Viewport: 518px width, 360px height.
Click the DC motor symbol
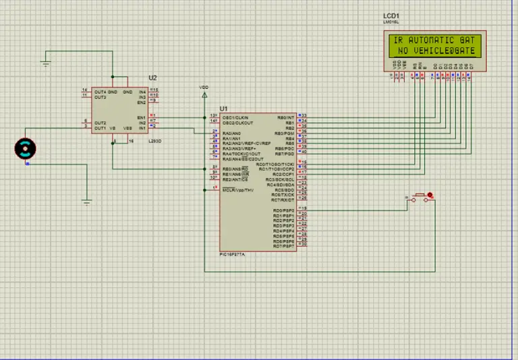tap(26, 148)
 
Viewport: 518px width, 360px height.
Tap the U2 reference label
tap(152, 79)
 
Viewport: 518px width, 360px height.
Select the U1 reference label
tap(223, 109)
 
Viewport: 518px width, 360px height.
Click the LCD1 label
tap(391, 16)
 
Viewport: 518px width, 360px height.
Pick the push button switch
tap(421, 197)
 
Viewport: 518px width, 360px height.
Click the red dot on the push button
tap(430, 196)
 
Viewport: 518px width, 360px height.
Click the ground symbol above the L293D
tap(46, 65)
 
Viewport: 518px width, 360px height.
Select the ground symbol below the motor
tap(86, 201)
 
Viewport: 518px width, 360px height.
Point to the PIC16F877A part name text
tap(233, 254)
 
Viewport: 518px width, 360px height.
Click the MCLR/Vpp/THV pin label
tap(238, 190)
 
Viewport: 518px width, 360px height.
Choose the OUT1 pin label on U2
tap(100, 128)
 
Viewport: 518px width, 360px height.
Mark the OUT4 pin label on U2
tap(100, 92)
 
